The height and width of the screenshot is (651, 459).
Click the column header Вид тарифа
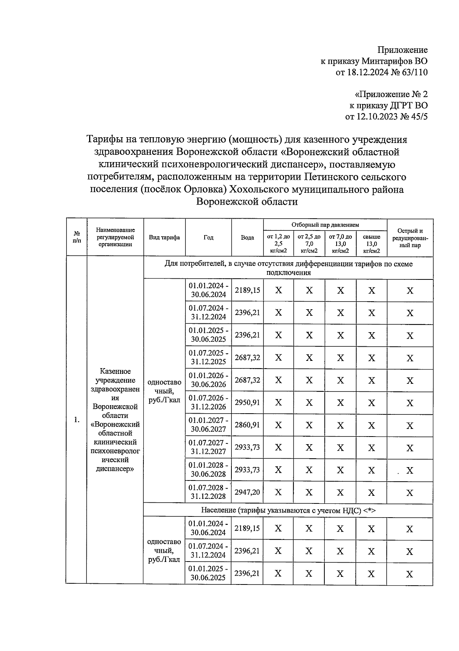[164, 237]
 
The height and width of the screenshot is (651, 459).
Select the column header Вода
[247, 237]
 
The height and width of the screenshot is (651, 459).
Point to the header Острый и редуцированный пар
[410, 238]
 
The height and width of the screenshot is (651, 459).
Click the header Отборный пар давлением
[325, 225]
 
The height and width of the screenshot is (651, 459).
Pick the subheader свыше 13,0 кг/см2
[371, 244]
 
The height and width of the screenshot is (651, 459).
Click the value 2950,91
[247, 403]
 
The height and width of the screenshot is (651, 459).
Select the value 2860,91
[247, 425]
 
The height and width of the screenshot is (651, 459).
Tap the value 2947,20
[247, 492]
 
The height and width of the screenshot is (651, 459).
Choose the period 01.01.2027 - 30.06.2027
[209, 425]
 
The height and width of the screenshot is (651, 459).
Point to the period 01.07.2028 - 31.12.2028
[209, 492]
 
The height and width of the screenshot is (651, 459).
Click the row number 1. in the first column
[77, 420]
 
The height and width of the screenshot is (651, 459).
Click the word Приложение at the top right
[402, 50]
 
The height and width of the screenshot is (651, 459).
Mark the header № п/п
[77, 237]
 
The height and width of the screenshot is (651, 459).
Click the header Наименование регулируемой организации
[116, 237]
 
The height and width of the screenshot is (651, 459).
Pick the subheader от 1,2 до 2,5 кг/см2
[278, 244]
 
